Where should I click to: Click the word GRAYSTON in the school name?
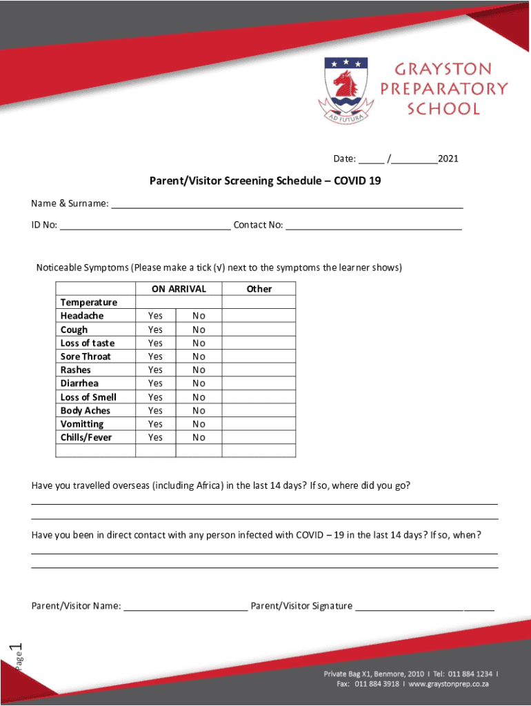(x=443, y=69)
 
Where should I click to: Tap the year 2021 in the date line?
(x=448, y=159)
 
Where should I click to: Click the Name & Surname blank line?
(x=287, y=204)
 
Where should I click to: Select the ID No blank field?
(x=145, y=225)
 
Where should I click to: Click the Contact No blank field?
(x=374, y=225)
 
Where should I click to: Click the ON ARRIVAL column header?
(x=179, y=289)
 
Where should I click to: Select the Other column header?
(x=259, y=289)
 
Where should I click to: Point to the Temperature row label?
(x=89, y=303)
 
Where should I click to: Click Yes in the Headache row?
(x=156, y=316)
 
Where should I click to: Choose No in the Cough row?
(x=199, y=330)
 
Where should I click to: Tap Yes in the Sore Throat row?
(x=156, y=356)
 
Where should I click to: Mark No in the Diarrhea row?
(x=199, y=383)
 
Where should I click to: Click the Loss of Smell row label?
(x=88, y=397)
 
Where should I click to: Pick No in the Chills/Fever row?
(x=199, y=438)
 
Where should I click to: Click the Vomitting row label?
(x=82, y=424)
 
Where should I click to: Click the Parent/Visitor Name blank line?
(x=186, y=607)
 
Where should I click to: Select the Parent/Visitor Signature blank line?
(x=425, y=607)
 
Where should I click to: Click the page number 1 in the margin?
(x=19, y=648)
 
